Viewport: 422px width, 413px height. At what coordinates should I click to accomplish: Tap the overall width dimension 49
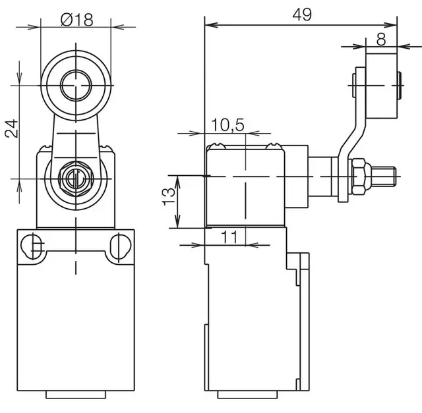(303, 14)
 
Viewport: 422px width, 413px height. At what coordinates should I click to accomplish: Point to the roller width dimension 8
(380, 38)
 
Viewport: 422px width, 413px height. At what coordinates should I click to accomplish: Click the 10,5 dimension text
(227, 124)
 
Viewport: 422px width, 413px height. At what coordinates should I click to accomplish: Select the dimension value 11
(229, 238)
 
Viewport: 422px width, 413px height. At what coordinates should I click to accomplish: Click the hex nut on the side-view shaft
(359, 177)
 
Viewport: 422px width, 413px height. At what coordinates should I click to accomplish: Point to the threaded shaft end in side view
(384, 177)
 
